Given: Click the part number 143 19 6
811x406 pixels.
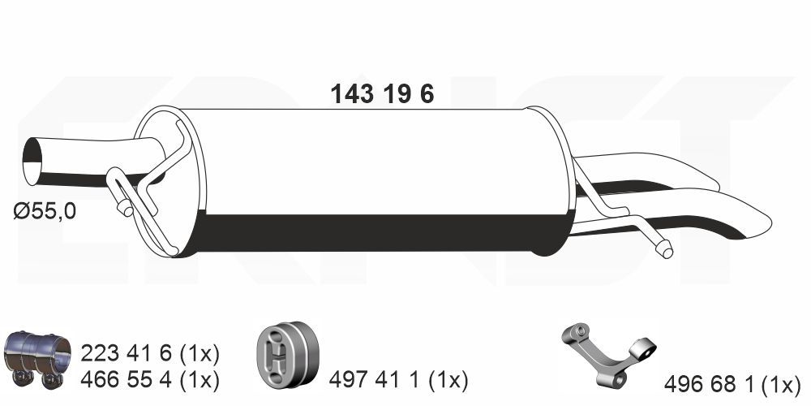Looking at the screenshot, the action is point(382,94).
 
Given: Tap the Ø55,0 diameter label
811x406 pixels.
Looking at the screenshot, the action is point(45,211).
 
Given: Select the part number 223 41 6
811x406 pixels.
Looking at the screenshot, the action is point(126,354).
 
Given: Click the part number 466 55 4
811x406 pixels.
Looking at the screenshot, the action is point(126,381).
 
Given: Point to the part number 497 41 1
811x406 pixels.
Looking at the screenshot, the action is point(374,381).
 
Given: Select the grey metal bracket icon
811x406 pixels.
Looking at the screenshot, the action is point(608,355).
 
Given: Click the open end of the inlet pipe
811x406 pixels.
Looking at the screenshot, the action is point(32,161).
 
